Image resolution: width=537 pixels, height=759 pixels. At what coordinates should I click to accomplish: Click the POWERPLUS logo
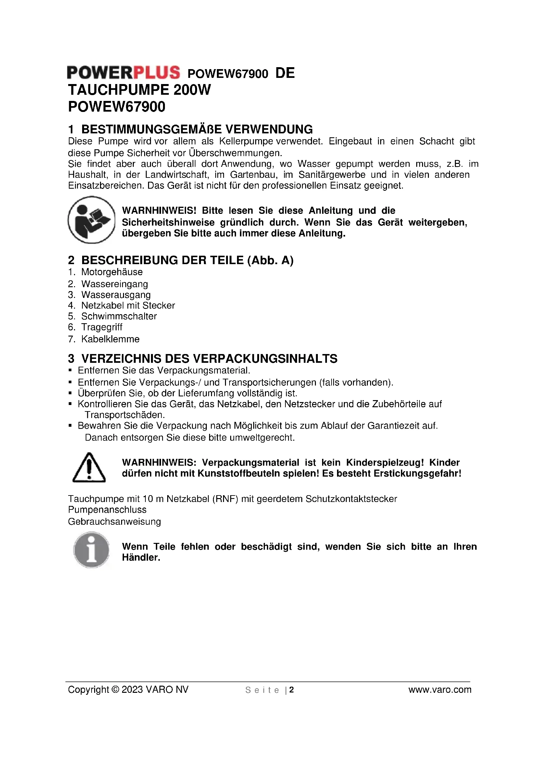(x=123, y=73)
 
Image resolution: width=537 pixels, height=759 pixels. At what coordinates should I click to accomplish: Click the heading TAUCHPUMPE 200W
(x=139, y=90)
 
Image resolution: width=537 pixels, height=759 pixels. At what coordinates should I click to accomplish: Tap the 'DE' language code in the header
(x=285, y=73)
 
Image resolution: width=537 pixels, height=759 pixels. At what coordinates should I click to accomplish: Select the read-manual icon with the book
(x=91, y=220)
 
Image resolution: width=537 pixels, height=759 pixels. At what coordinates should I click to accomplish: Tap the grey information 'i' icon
(x=91, y=550)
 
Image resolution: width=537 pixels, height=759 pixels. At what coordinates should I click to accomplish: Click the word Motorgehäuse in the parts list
(x=112, y=272)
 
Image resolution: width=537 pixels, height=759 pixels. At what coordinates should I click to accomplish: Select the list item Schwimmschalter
(x=119, y=316)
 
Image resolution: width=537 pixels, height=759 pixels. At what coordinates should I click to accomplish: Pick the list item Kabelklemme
(x=110, y=339)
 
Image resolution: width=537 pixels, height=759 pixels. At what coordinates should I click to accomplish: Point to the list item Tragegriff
(x=102, y=327)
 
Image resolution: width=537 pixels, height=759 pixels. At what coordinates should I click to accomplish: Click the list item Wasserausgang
(x=116, y=295)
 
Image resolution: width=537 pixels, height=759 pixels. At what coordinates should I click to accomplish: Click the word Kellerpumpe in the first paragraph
(x=246, y=141)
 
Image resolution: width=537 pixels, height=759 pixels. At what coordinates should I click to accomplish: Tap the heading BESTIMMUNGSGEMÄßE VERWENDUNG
(x=197, y=129)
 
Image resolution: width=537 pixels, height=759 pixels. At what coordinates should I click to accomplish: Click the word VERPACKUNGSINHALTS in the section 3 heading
(x=265, y=359)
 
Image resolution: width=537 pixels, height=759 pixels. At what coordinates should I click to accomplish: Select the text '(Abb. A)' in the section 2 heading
(x=270, y=261)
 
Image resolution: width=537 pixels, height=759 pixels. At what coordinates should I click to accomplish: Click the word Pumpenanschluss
(x=107, y=510)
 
